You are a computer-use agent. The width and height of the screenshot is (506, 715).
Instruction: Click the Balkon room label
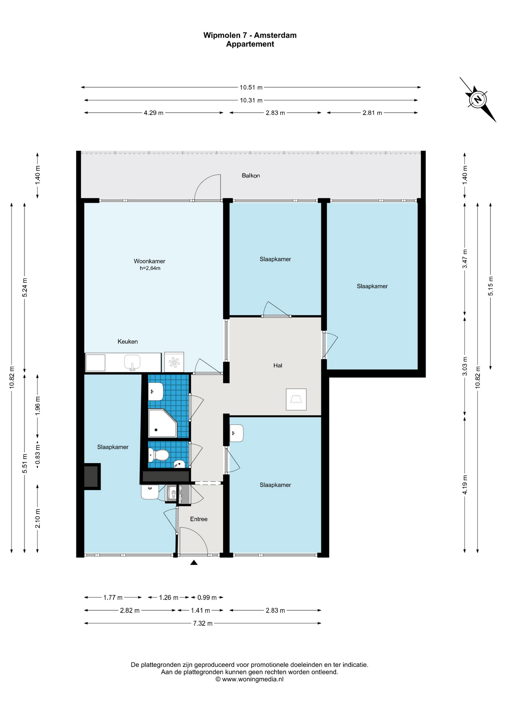pos(251,175)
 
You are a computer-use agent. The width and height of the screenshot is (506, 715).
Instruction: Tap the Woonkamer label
pos(149,261)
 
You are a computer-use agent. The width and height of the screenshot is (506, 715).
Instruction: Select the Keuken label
pos(128,341)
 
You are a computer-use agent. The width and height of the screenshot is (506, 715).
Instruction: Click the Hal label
pos(278,365)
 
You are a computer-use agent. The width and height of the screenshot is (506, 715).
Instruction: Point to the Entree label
pos(199,519)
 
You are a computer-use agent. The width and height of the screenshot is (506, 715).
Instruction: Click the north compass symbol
pos(477,99)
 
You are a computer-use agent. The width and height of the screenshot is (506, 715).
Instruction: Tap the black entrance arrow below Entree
pos(194,563)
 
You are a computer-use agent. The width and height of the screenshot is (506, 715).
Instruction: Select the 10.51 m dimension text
pos(251,88)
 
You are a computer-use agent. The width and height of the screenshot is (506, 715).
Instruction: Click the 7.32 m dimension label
pos(203,623)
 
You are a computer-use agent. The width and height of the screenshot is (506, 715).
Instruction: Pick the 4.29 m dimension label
pos(154,113)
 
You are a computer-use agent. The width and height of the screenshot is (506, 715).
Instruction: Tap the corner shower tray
pos(163,423)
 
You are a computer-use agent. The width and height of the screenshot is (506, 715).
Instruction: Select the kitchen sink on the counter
pos(132,362)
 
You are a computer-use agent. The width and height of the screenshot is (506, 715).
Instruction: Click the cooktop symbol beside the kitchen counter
pos(174,362)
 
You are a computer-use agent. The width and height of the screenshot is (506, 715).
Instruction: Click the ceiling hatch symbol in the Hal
pos(296,399)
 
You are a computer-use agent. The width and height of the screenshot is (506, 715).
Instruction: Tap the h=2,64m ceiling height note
pos(150,268)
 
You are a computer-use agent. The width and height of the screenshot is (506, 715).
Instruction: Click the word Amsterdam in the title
pos(275,35)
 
